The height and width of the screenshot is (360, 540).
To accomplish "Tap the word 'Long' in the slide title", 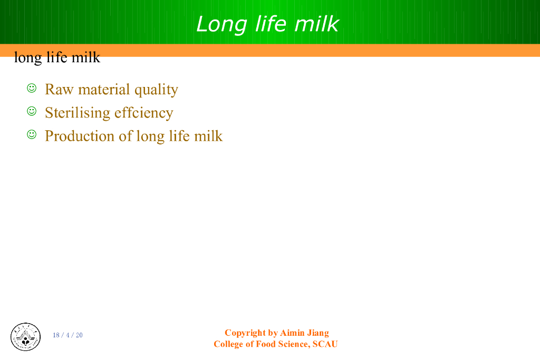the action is pyautogui.click(x=221, y=25).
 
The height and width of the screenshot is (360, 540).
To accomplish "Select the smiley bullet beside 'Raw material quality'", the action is pyautogui.click(x=32, y=88).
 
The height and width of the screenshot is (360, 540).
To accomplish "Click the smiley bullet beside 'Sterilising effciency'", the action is pyautogui.click(x=32, y=111).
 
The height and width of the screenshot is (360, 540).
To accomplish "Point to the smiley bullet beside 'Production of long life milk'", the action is pyautogui.click(x=32, y=134).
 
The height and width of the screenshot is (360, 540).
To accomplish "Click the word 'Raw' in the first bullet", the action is pyautogui.click(x=59, y=90).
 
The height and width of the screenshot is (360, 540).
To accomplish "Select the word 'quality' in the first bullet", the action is pyautogui.click(x=156, y=90).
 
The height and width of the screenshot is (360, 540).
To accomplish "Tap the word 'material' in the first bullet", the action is pyautogui.click(x=104, y=90).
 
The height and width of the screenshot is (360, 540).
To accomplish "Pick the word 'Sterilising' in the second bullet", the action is pyautogui.click(x=77, y=113).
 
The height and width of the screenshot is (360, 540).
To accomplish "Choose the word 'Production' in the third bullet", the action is pyautogui.click(x=80, y=136).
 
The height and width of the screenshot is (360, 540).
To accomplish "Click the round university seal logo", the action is pyautogui.click(x=25, y=337).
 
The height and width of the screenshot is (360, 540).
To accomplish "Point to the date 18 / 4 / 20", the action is pyautogui.click(x=67, y=335).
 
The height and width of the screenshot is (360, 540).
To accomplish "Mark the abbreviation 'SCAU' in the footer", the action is pyautogui.click(x=325, y=344).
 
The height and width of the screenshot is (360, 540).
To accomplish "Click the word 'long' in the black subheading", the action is pyautogui.click(x=28, y=58).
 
